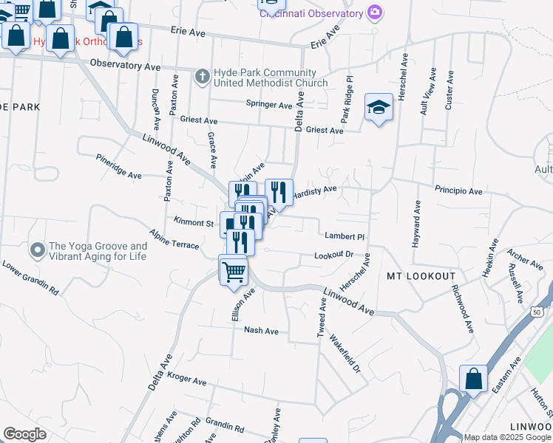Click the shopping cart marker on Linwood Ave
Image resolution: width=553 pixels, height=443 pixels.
coord(234,271)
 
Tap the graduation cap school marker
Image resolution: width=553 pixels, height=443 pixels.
coord(379,108)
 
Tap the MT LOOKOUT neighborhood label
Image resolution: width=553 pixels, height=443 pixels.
coord(421,276)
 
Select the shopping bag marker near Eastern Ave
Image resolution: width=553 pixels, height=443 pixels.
coord(473,380)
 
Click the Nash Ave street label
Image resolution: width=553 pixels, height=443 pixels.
coord(261,332)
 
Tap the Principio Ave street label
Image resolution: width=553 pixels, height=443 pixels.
coord(458,190)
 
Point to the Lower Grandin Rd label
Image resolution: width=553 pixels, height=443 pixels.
coord(30,277)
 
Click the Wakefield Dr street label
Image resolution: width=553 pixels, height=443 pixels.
coord(345,355)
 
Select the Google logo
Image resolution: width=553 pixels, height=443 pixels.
coord(24,434)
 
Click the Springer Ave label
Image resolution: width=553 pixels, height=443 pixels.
coord(269,105)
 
